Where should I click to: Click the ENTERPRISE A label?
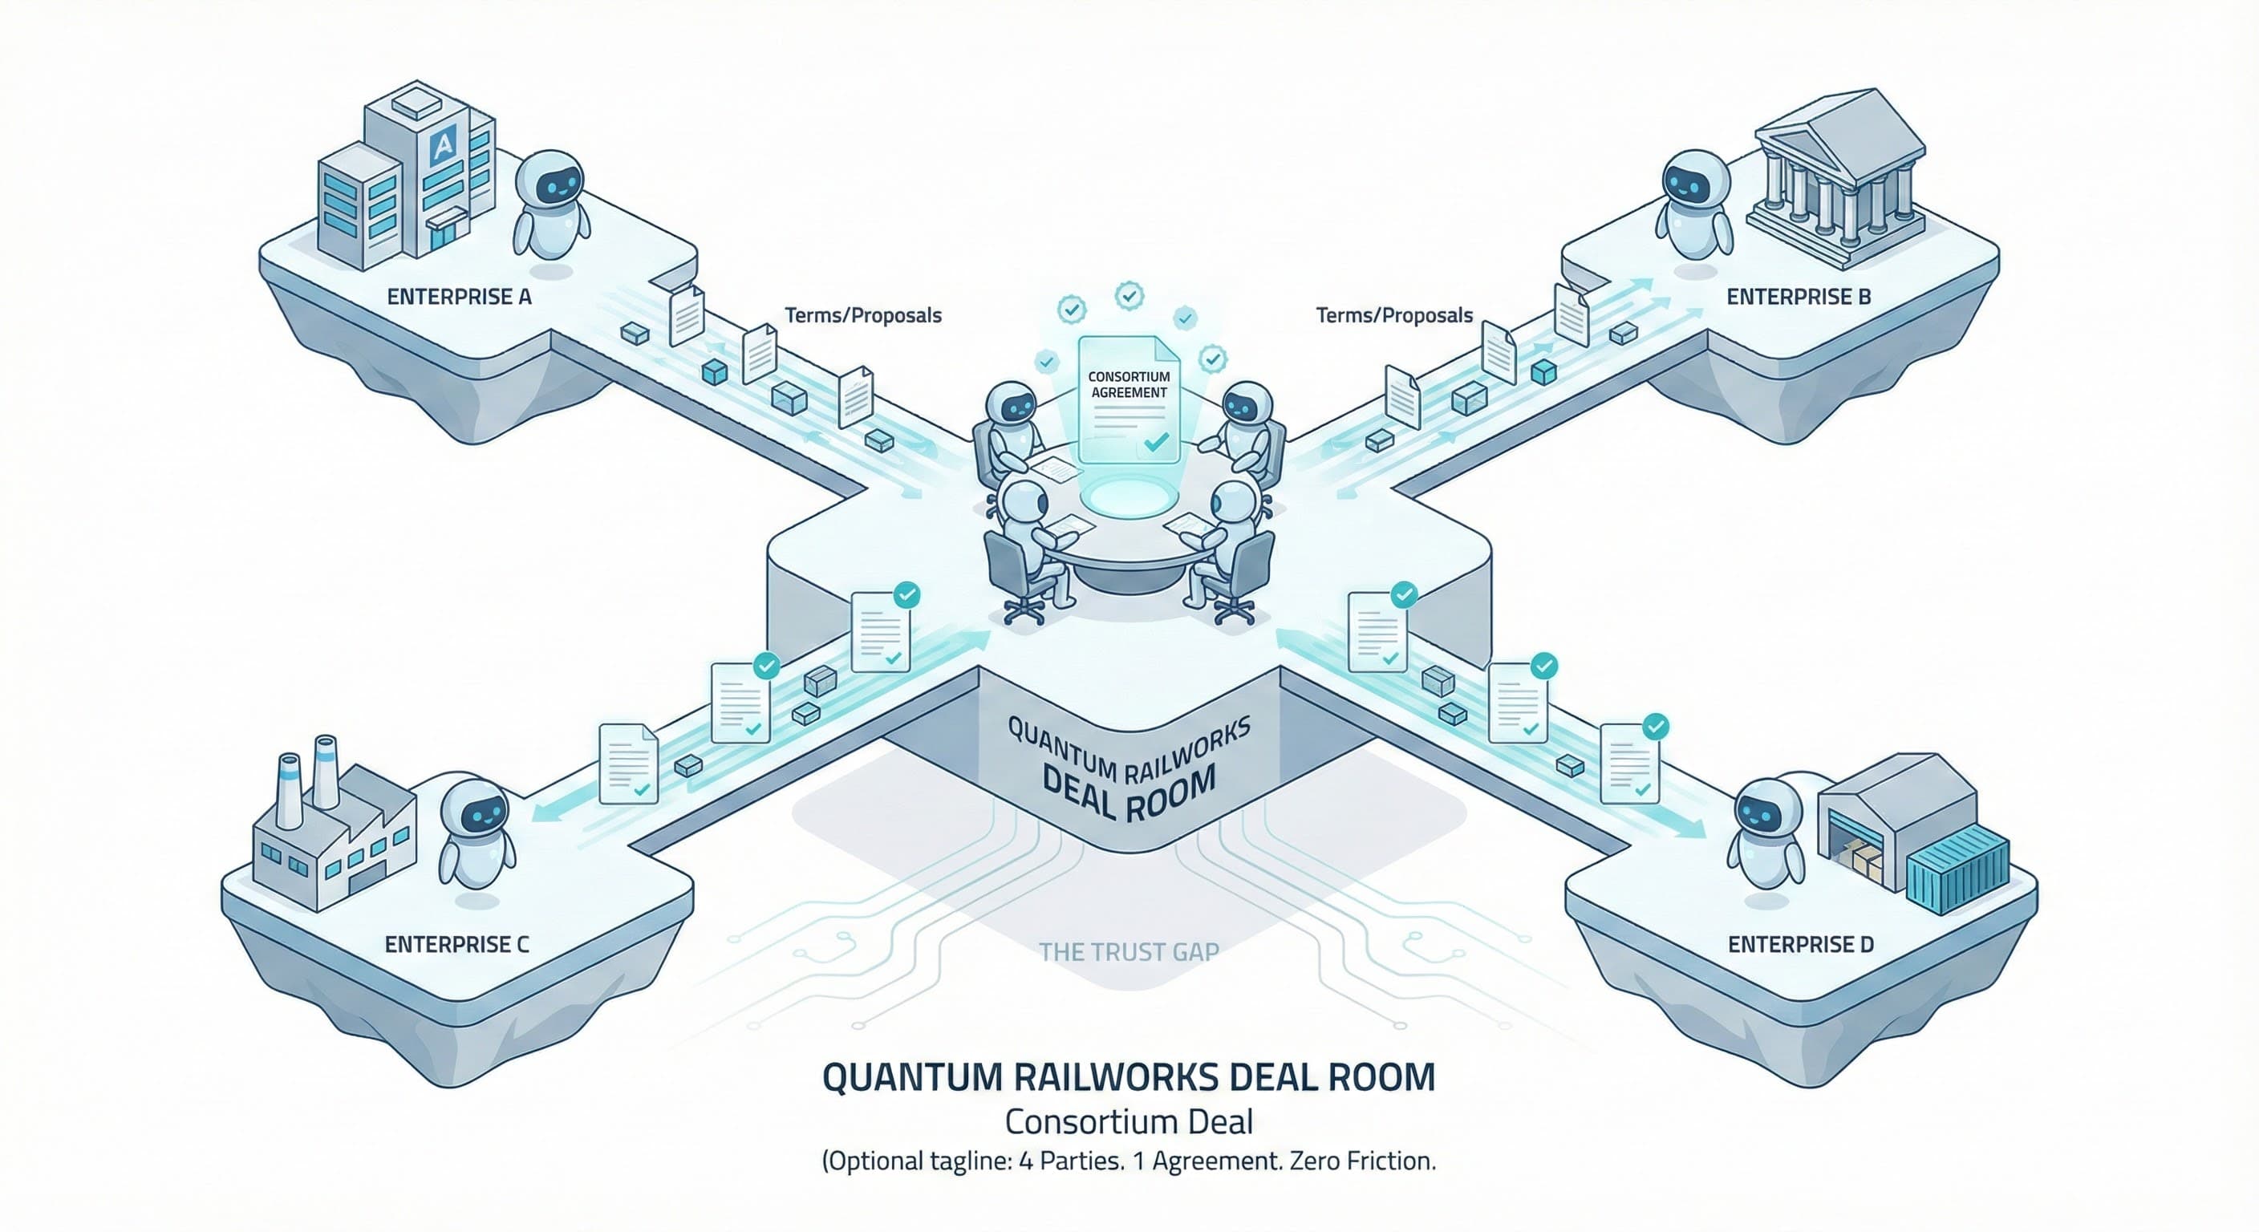point(459,298)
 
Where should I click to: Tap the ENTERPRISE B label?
point(1799,298)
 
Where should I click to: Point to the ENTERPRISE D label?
point(1800,944)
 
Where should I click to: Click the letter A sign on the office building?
point(444,144)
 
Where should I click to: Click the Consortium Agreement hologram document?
point(1129,399)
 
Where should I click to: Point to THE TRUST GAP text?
point(1129,951)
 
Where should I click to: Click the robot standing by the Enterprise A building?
point(550,206)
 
